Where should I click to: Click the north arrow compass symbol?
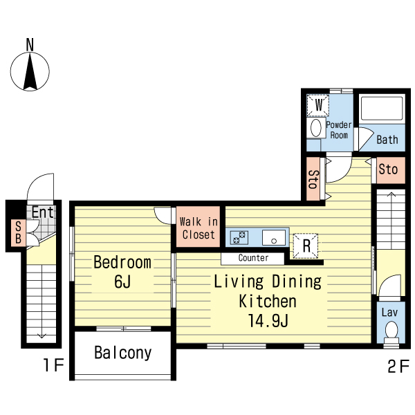pos(30,71)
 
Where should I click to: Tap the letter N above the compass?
pos(30,45)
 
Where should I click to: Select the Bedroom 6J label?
pos(122,272)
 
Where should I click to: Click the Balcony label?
pos(123,353)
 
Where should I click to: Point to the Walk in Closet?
pos(199,227)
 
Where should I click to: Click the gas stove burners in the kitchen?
pos(239,237)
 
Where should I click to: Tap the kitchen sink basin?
pos(274,237)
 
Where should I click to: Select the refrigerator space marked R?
pos(306,246)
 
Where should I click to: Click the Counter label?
pos(253,258)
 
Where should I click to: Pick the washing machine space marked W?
pos(318,105)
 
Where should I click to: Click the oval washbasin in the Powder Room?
pos(316,128)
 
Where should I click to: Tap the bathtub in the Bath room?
pos(382,109)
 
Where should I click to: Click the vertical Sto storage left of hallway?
pos(313,179)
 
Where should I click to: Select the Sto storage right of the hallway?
pos(391,170)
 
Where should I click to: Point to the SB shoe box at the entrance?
pos(18,232)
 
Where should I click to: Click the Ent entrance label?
pos(43,212)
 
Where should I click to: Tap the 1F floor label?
pos(53,365)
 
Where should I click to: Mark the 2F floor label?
pos(398,366)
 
